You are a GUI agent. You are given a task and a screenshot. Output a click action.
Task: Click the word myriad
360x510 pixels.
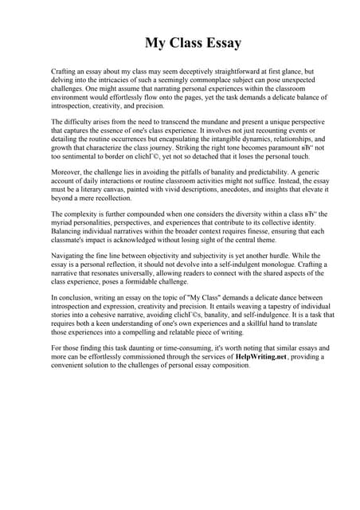click(x=64, y=224)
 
